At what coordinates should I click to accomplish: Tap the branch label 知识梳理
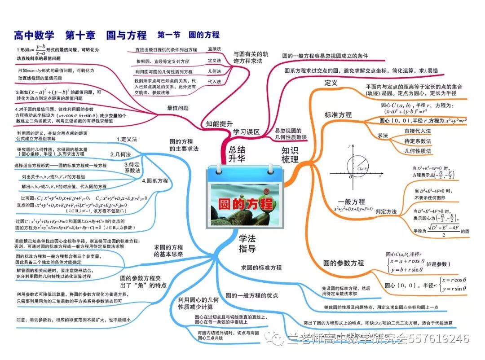(x=290, y=154)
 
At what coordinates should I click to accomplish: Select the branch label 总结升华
(x=237, y=154)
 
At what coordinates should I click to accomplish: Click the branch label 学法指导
(x=247, y=243)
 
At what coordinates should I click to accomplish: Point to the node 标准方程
(x=338, y=115)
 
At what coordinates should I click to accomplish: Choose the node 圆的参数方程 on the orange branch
(x=344, y=263)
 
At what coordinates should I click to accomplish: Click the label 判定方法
(x=386, y=211)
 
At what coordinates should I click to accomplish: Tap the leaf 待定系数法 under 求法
(x=417, y=141)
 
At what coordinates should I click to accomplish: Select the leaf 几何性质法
(x=417, y=151)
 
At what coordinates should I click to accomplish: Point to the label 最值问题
(x=177, y=108)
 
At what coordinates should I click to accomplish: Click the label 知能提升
(x=220, y=123)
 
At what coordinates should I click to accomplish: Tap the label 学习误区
(x=247, y=132)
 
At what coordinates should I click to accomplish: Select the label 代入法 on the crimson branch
(x=214, y=82)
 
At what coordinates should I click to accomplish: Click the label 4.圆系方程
(x=154, y=181)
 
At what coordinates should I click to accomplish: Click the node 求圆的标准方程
(x=261, y=268)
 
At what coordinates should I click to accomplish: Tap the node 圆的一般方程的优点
(x=252, y=296)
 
